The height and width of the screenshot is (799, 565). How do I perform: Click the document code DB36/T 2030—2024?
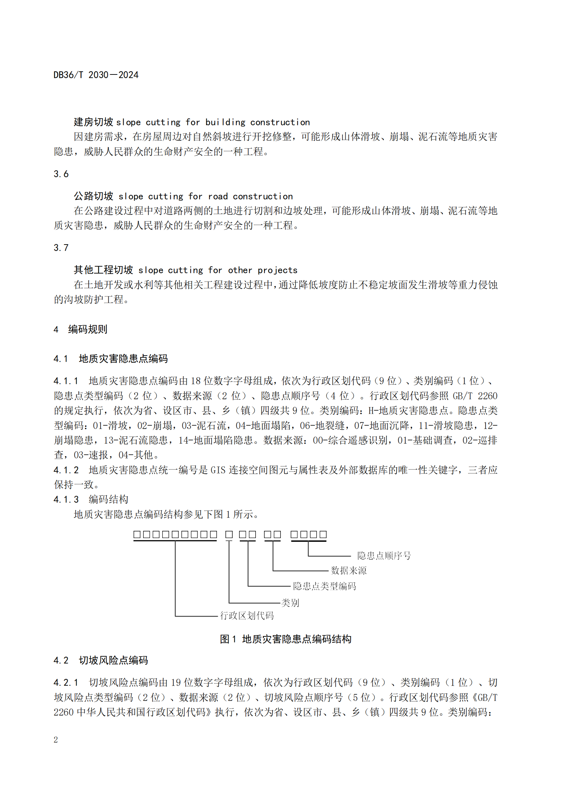click(x=96, y=75)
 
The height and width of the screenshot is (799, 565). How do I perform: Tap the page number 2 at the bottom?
click(x=56, y=740)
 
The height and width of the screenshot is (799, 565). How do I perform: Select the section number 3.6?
click(x=61, y=174)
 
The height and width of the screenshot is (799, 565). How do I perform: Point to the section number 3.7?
click(x=61, y=248)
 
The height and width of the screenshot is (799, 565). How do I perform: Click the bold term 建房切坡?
click(x=93, y=122)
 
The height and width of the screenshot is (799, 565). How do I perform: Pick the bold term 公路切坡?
click(x=93, y=196)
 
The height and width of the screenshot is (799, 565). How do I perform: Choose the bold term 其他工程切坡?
click(x=103, y=270)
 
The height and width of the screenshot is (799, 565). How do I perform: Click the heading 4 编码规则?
click(x=81, y=329)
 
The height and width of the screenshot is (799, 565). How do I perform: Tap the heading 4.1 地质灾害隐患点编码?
click(x=111, y=359)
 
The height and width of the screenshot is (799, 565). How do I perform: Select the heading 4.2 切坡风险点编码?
click(x=101, y=660)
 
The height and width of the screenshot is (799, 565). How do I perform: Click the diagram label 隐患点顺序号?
click(x=384, y=556)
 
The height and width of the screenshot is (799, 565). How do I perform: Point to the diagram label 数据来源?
click(x=349, y=571)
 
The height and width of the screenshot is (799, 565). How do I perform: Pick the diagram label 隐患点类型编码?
click(x=324, y=587)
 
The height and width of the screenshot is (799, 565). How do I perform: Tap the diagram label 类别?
click(x=290, y=603)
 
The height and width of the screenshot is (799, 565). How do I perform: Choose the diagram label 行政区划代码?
click(x=247, y=616)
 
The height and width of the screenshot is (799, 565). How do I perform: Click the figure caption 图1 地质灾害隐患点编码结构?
click(x=286, y=639)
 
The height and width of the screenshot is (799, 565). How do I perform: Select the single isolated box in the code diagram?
click(x=229, y=535)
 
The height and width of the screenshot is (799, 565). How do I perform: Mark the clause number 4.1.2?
click(x=66, y=470)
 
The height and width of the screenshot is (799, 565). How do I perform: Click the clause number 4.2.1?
click(x=66, y=683)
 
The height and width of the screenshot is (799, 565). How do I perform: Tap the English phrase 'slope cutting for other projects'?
click(x=218, y=271)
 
